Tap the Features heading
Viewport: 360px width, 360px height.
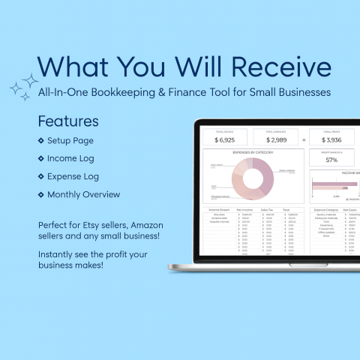point(67,121)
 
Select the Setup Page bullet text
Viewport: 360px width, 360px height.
point(70,140)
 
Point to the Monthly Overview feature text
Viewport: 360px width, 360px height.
point(83,194)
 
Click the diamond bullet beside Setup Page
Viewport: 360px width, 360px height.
point(40,140)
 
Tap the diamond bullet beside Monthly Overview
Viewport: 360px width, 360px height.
point(40,194)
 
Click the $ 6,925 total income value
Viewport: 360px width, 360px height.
point(225,140)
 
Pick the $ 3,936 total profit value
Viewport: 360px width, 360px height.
point(331,140)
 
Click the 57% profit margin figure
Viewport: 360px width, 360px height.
point(331,160)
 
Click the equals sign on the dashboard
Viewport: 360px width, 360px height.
point(304,139)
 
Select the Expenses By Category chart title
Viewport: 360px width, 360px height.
point(253,152)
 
